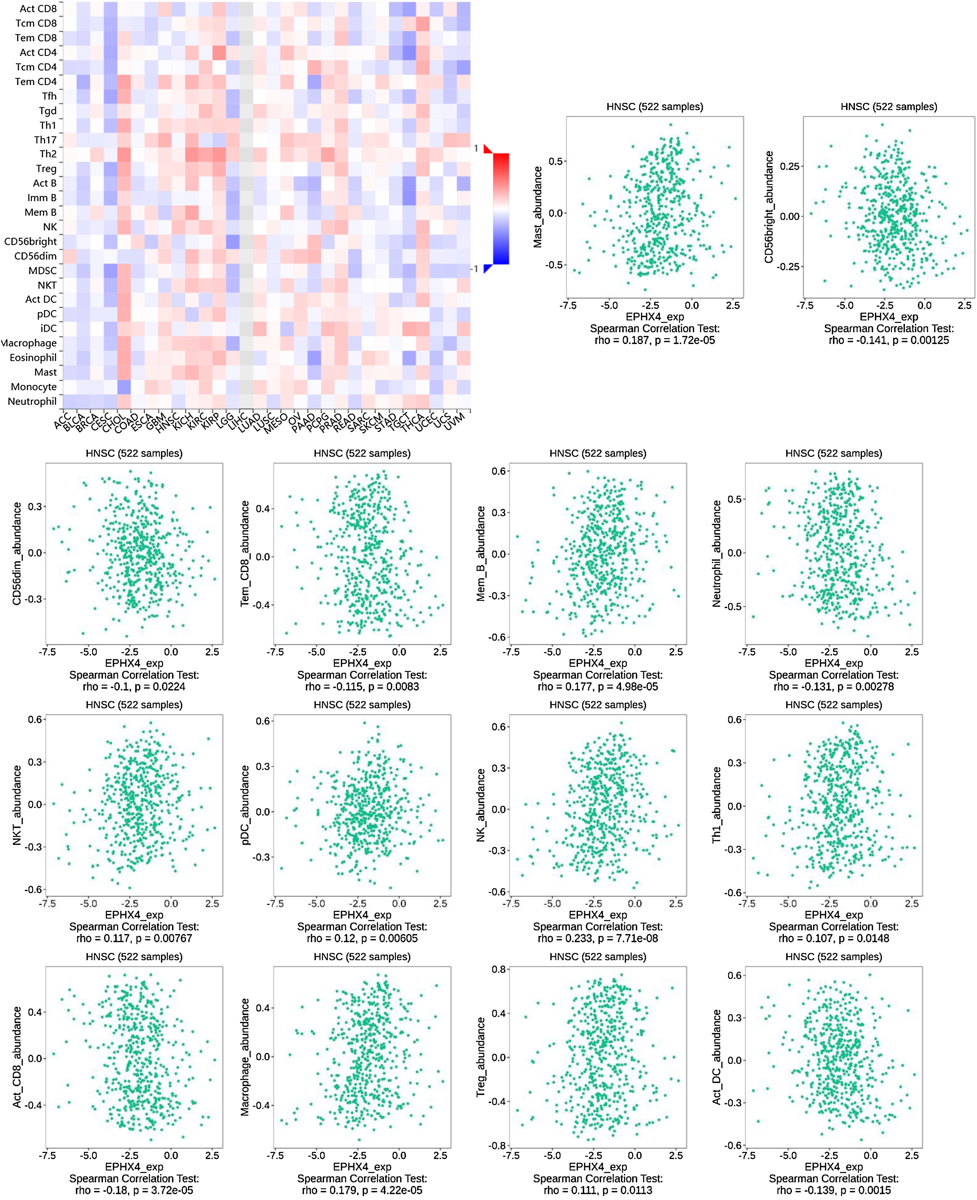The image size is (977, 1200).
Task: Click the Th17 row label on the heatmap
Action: [x=45, y=140]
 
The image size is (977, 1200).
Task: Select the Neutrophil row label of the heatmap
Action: [x=32, y=401]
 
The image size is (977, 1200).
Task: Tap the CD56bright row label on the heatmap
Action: [x=31, y=241]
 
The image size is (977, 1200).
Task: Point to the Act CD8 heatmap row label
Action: [x=38, y=9]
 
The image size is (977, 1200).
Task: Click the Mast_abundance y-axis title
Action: [x=538, y=207]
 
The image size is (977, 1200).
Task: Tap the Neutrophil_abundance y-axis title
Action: [x=717, y=554]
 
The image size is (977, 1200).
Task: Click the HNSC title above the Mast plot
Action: [x=655, y=106]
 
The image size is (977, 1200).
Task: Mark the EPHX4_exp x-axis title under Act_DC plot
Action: [x=834, y=1167]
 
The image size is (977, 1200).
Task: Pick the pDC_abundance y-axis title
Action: [x=245, y=805]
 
